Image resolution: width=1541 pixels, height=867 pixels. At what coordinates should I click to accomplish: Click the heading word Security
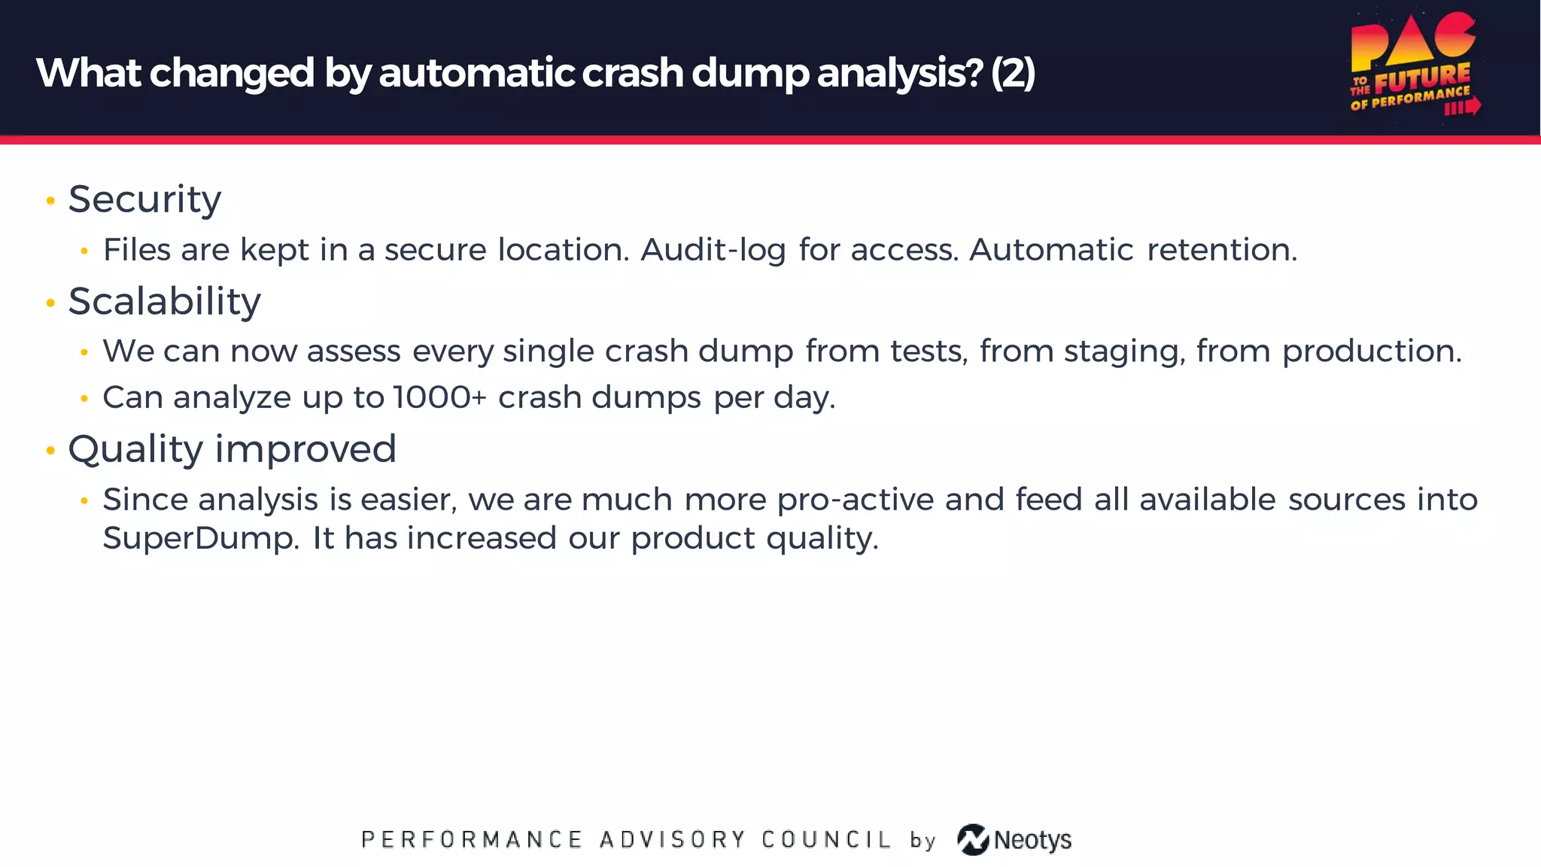pos(144,199)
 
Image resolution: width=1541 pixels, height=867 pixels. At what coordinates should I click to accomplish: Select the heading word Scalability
pos(164,302)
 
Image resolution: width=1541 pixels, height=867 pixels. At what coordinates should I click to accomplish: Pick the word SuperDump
pos(201,538)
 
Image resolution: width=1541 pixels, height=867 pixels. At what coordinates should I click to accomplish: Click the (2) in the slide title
pos(1013,73)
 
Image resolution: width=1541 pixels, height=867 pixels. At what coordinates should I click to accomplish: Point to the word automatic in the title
pos(477,73)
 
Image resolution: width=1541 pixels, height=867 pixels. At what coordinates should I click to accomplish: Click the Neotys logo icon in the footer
pos(973,840)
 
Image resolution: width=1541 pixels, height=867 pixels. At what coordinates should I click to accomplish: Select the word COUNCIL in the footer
pos(826,840)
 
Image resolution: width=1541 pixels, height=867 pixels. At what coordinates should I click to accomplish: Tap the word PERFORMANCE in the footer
pos(472,840)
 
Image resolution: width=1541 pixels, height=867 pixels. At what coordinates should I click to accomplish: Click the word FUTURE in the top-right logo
pos(1422,78)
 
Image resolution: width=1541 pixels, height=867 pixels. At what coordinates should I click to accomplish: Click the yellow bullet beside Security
pos(50,200)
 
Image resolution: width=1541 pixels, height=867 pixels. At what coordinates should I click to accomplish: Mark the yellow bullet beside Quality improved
pos(50,450)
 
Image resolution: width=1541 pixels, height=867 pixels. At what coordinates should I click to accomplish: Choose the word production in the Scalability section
pos(1371,351)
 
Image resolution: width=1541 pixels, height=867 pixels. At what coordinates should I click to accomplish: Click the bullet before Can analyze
pos(84,398)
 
